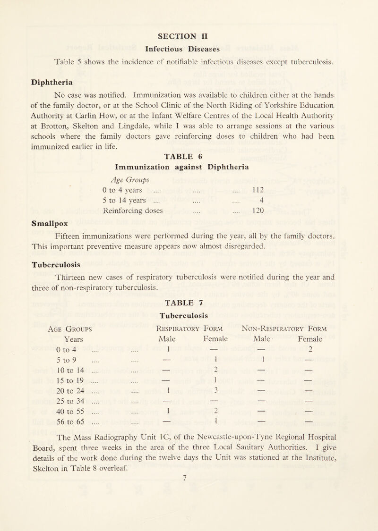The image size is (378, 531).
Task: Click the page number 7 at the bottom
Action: click(x=189, y=510)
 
